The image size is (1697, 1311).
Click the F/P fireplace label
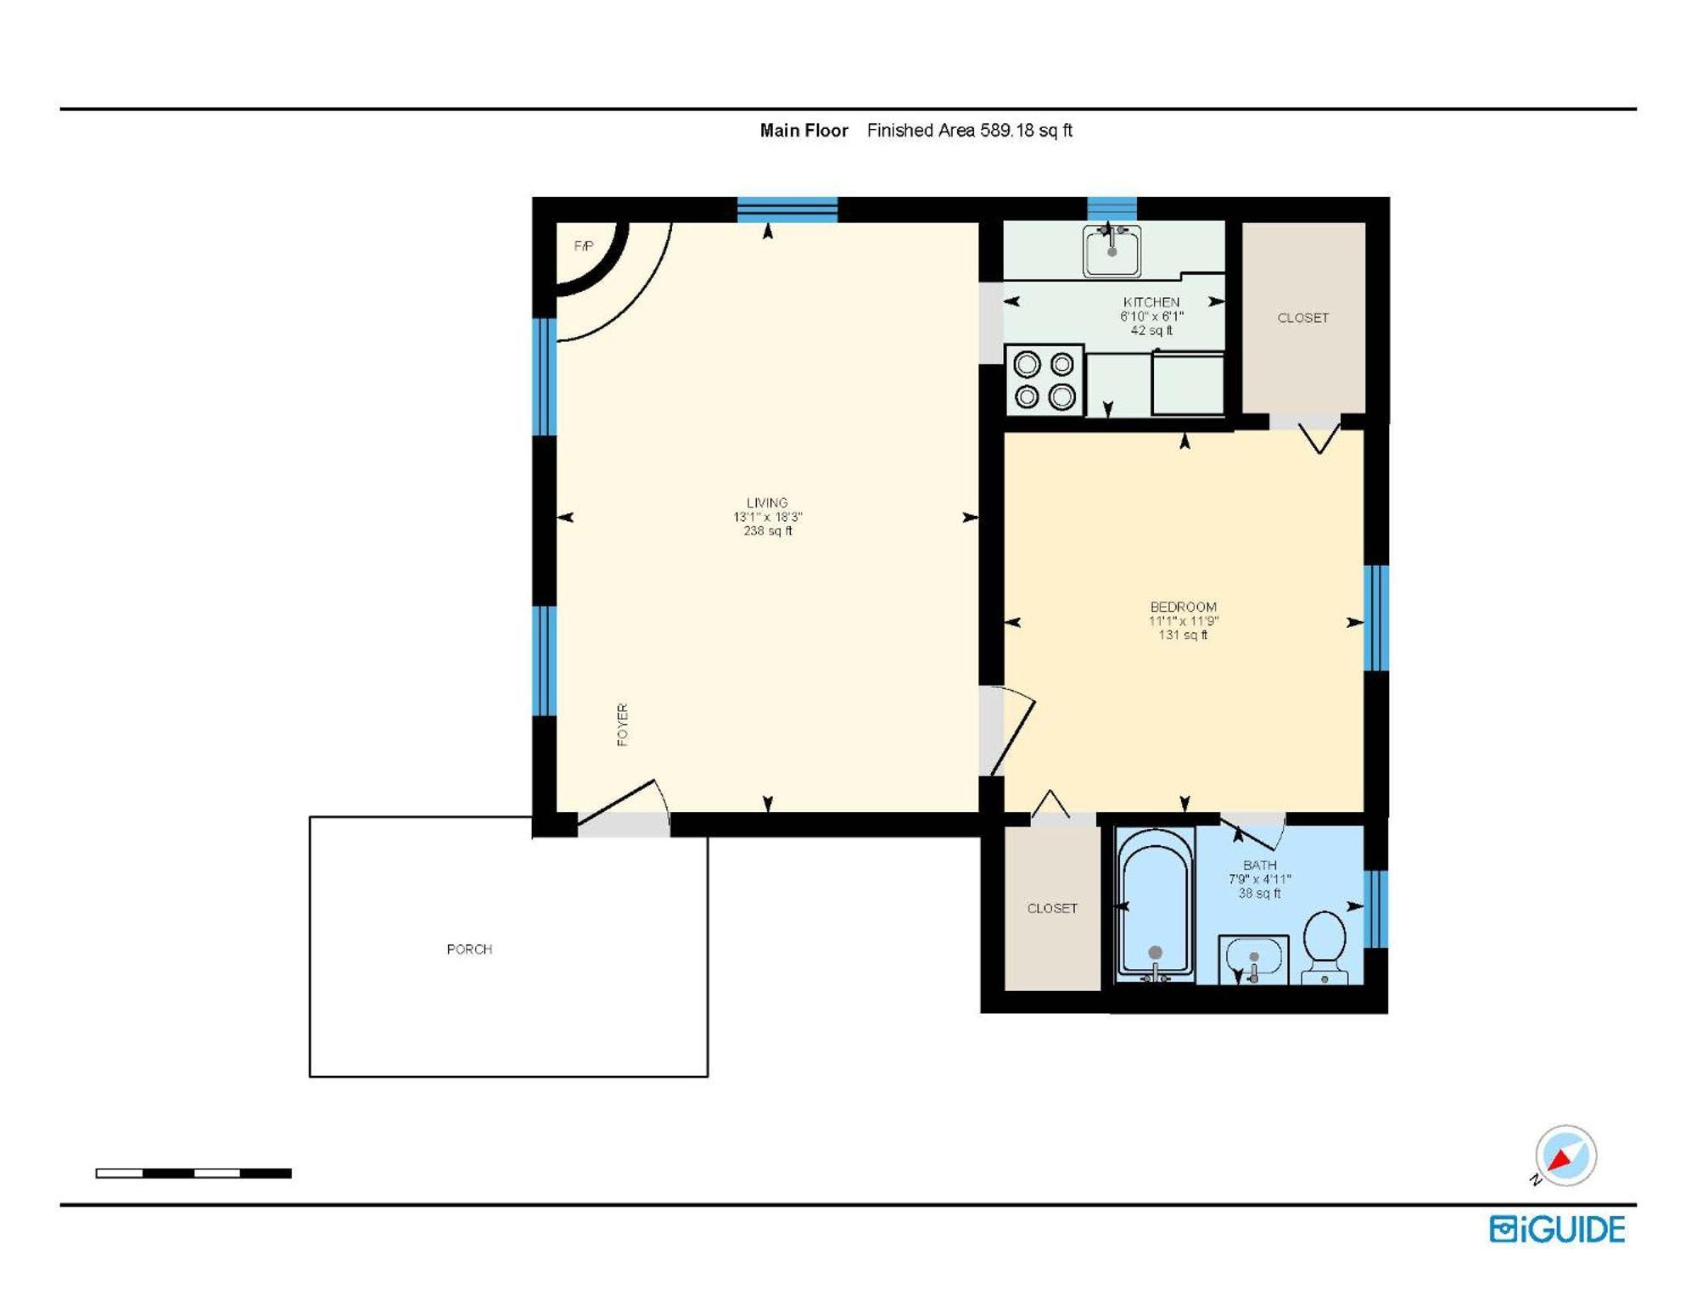pyautogui.click(x=584, y=246)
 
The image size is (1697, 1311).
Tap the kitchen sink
pyautogui.click(x=1112, y=251)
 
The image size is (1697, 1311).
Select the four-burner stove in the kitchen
pyautogui.click(x=1045, y=380)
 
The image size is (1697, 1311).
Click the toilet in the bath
pyautogui.click(x=1325, y=945)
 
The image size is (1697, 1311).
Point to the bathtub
pyautogui.click(x=1155, y=905)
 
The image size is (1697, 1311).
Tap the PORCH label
pyautogui.click(x=469, y=950)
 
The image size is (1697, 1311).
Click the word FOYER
pyautogui.click(x=622, y=725)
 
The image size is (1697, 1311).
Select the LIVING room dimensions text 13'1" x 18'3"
pyautogui.click(x=768, y=517)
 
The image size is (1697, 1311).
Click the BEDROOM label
pyautogui.click(x=1183, y=607)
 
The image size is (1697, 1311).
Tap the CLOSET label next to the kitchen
pyautogui.click(x=1302, y=318)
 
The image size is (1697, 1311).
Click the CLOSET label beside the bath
pyautogui.click(x=1052, y=908)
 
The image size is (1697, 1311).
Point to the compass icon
pyautogui.click(x=1565, y=1156)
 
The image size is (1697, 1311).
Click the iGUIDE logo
pyautogui.click(x=1557, y=1230)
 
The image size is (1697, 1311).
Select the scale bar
pyautogui.click(x=193, y=1174)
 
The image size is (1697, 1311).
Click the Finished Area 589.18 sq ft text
pyautogui.click(x=969, y=131)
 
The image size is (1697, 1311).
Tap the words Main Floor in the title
pyautogui.click(x=804, y=131)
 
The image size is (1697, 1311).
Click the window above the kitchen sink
pyautogui.click(x=1112, y=208)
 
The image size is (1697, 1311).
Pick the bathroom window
pyautogui.click(x=1376, y=909)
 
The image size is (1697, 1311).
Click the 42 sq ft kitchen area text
pyautogui.click(x=1151, y=330)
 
